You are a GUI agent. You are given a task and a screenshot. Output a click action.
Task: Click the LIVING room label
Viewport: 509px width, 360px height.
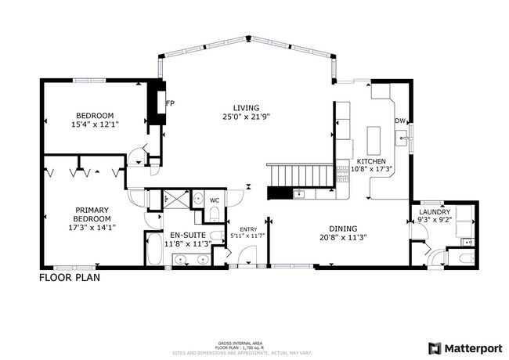coord(246,108)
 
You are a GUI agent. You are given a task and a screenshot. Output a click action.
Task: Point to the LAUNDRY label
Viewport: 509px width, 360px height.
coord(434,212)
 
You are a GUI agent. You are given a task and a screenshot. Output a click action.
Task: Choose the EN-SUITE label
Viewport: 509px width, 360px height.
coord(188,235)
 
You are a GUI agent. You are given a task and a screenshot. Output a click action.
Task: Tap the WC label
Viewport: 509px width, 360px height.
coord(214,200)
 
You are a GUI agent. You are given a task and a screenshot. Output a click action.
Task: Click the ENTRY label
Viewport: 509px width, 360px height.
coord(248,229)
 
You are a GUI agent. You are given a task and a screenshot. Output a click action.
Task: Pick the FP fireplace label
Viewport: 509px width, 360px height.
coord(169,103)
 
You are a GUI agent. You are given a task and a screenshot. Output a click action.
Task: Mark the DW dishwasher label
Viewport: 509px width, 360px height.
coord(399,121)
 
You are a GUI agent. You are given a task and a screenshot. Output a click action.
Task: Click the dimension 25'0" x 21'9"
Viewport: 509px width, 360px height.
coord(246,117)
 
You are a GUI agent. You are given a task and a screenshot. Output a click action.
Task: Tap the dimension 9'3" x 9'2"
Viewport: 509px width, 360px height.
coord(434,221)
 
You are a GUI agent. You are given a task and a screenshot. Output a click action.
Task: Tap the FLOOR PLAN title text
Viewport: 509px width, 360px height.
coord(69,277)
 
